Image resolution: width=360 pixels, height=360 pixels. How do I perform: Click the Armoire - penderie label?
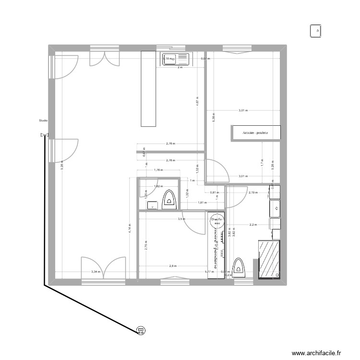[255, 132]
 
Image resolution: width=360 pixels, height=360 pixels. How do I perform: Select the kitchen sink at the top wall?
[176, 59]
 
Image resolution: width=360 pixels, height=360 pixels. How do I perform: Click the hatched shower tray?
[269, 258]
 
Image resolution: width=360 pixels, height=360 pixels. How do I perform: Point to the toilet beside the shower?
[239, 267]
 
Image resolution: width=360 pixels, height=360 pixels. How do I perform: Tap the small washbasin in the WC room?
[153, 205]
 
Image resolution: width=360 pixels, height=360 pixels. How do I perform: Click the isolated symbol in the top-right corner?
[317, 31]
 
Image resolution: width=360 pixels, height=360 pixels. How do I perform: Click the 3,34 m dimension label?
[96, 272]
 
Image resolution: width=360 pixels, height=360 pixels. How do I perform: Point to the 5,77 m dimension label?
[210, 272]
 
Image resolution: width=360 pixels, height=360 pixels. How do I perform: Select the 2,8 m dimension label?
[173, 265]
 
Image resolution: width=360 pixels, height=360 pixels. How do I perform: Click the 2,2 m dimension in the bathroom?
[253, 224]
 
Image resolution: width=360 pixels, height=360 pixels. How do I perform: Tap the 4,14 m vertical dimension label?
[129, 228]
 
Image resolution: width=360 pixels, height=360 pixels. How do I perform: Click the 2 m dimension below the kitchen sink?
[180, 68]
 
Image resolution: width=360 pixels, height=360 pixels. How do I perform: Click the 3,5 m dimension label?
[181, 219]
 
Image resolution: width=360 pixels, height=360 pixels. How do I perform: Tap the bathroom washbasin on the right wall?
[276, 208]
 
